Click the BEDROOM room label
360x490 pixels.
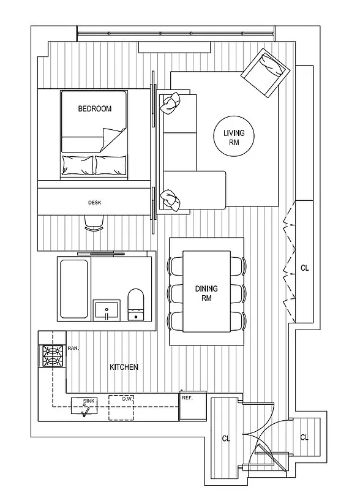94,109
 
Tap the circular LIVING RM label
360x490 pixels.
233,137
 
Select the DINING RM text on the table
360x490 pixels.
206,293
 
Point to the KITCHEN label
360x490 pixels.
124,367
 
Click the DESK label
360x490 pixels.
94,203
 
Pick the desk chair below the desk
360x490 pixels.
93,225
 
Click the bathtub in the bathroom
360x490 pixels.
73,289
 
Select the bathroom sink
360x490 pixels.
108,309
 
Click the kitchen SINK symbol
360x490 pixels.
84,407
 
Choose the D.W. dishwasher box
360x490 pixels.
122,407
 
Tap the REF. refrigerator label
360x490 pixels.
188,398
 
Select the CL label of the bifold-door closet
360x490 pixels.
304,268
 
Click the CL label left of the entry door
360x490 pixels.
226,438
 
